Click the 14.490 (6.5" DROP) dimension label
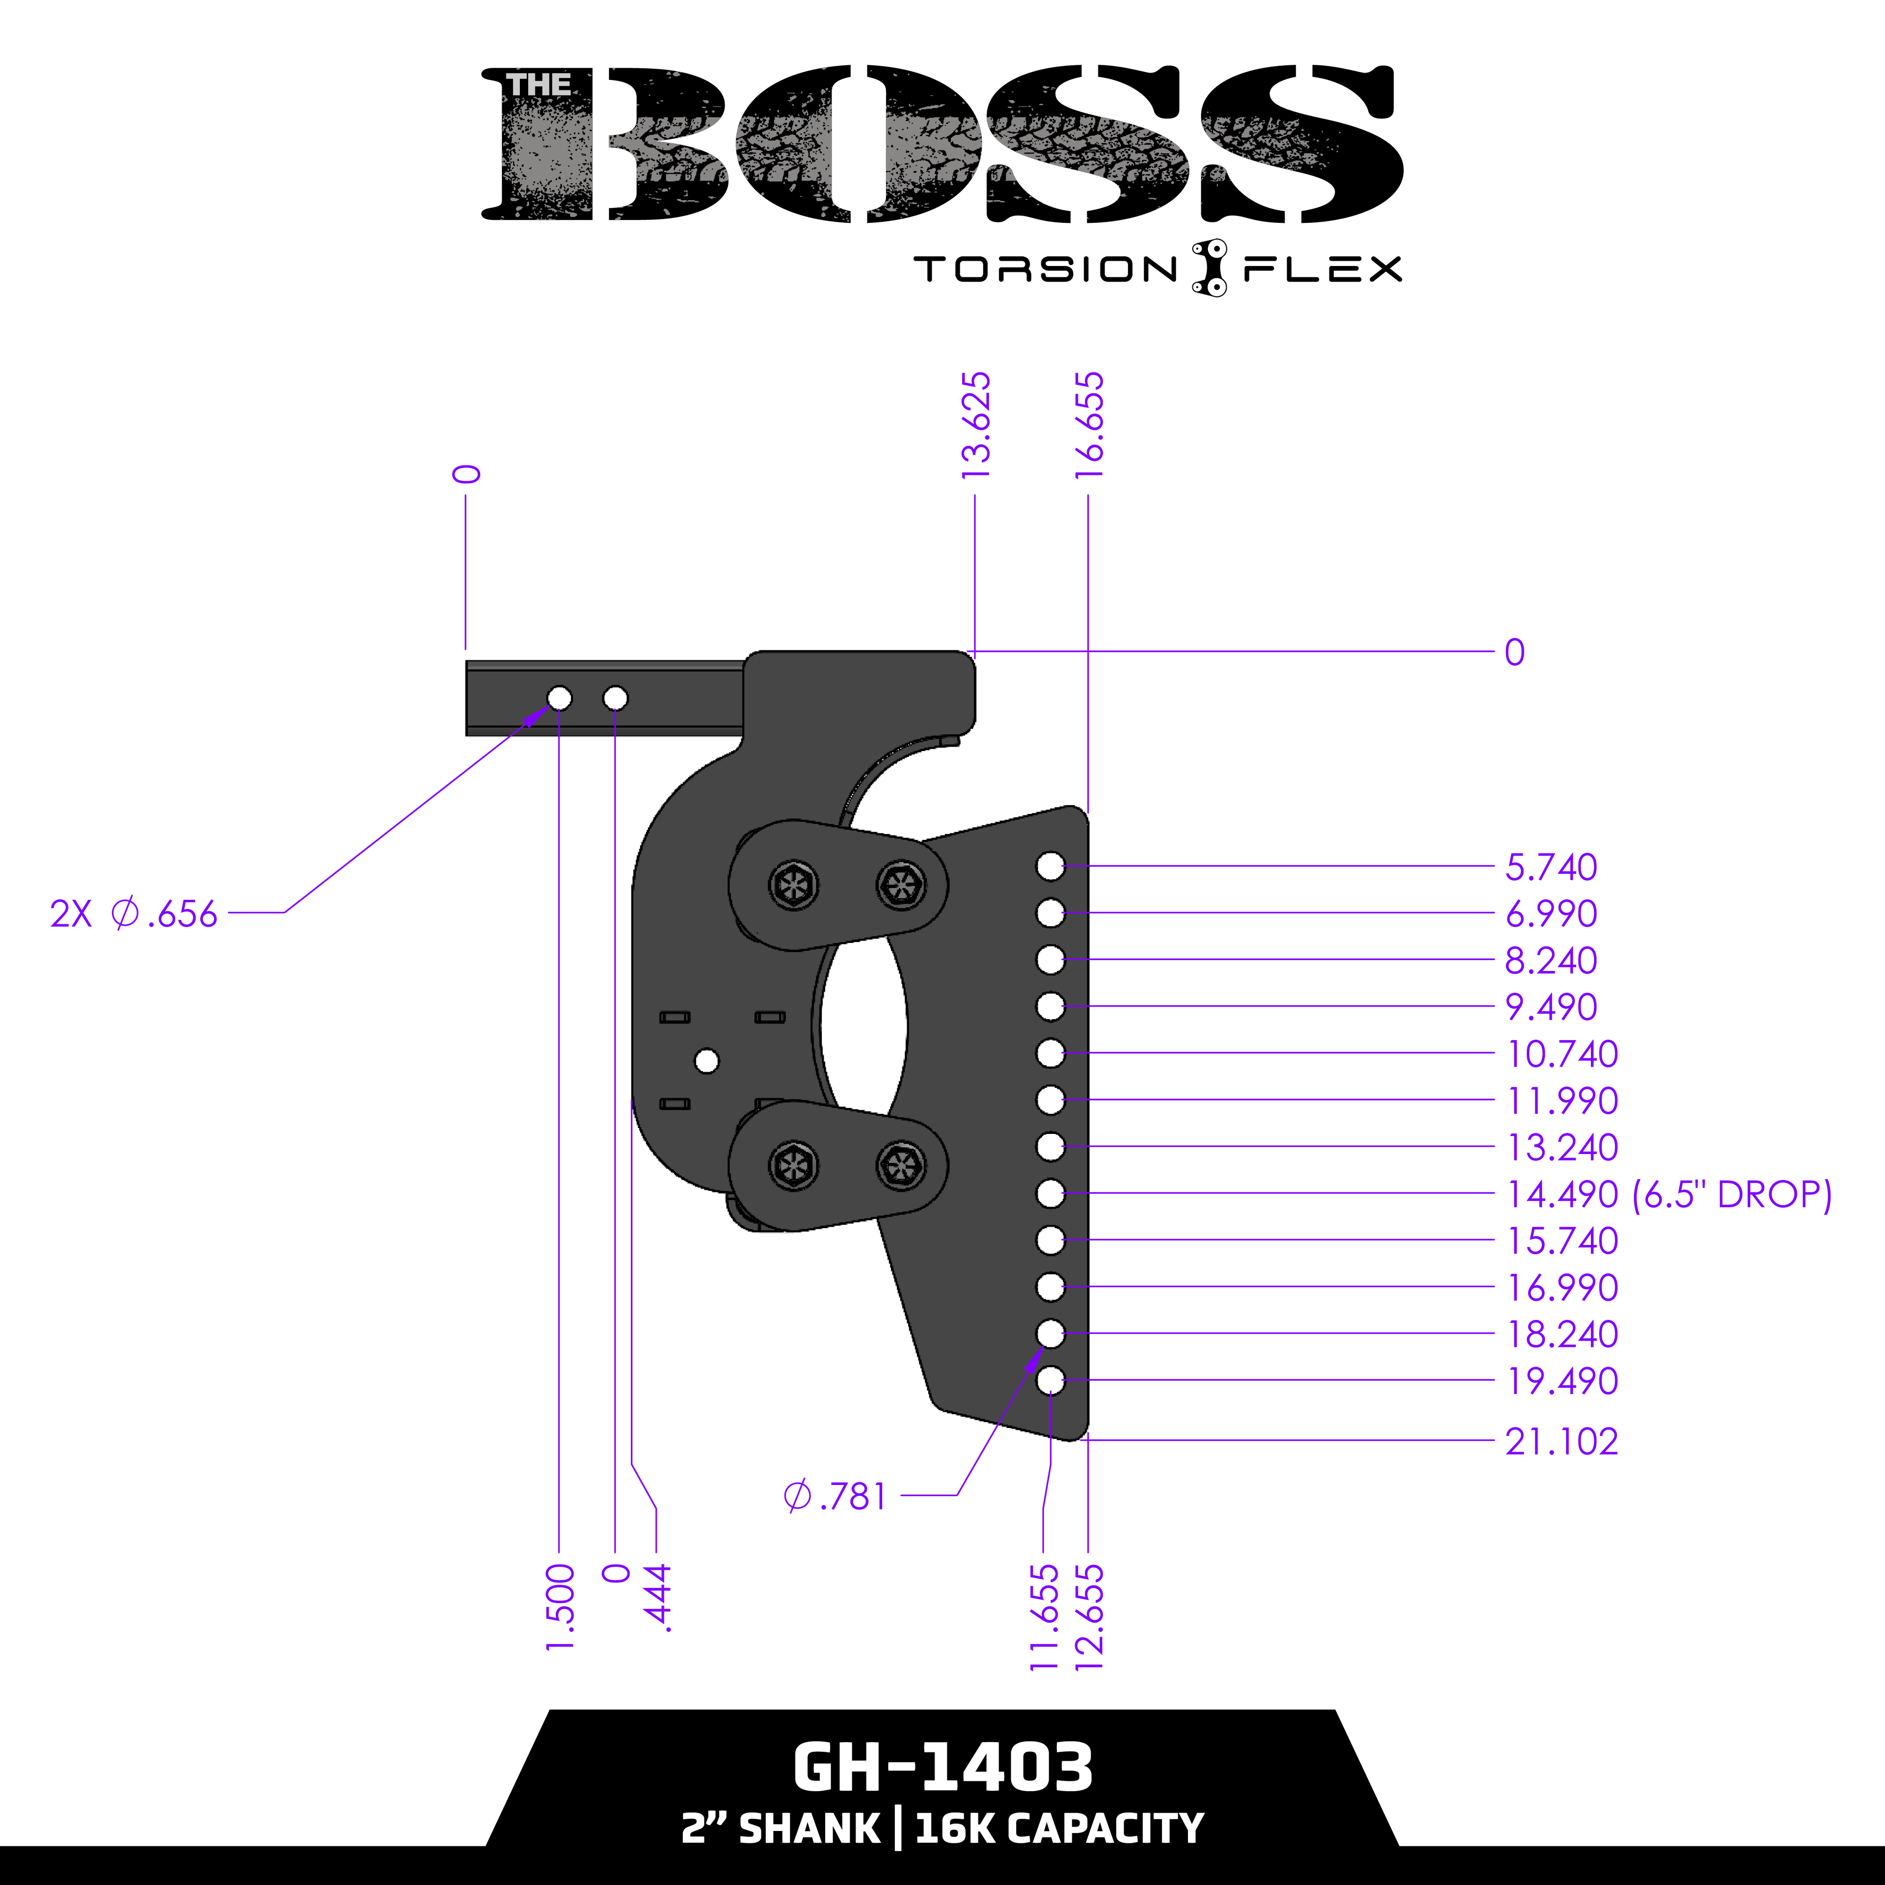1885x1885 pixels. (1669, 1194)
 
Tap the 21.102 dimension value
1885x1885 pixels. (1561, 1441)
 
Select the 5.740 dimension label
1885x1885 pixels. (1551, 866)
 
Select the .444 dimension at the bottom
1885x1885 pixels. (659, 1597)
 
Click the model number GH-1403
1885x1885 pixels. (942, 1767)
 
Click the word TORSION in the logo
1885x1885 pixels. (1046, 269)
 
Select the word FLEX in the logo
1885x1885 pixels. (1322, 269)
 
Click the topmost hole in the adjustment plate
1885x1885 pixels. (1050, 865)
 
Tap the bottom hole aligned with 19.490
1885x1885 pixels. (1050, 1380)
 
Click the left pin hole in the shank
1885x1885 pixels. (559, 699)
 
